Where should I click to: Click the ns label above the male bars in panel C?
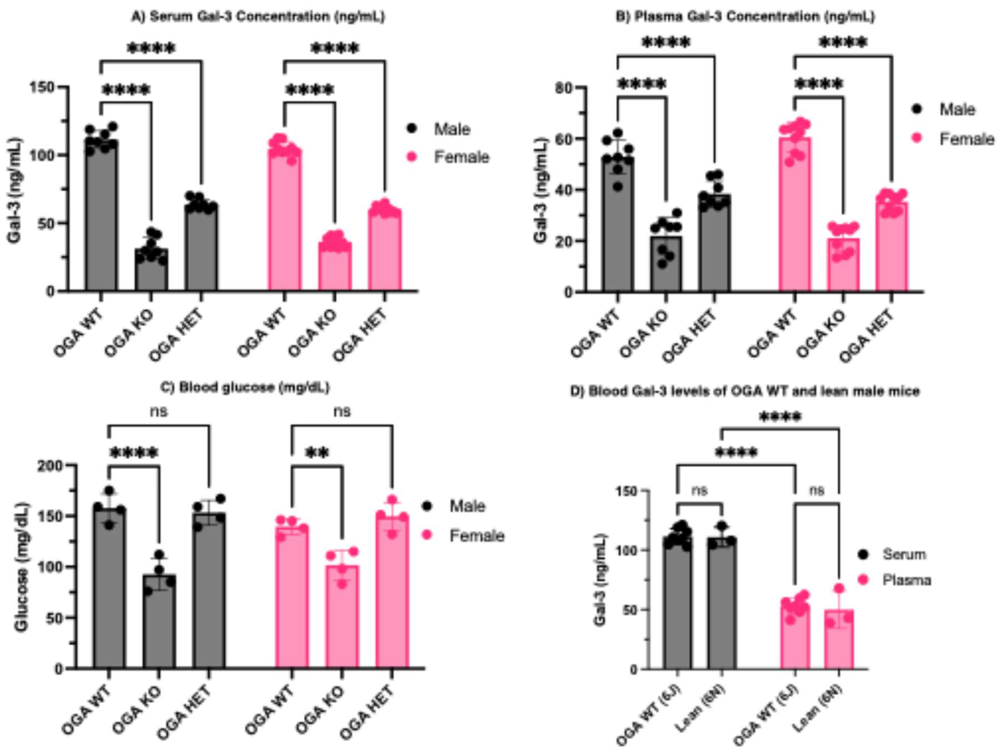pyautogui.click(x=159, y=411)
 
